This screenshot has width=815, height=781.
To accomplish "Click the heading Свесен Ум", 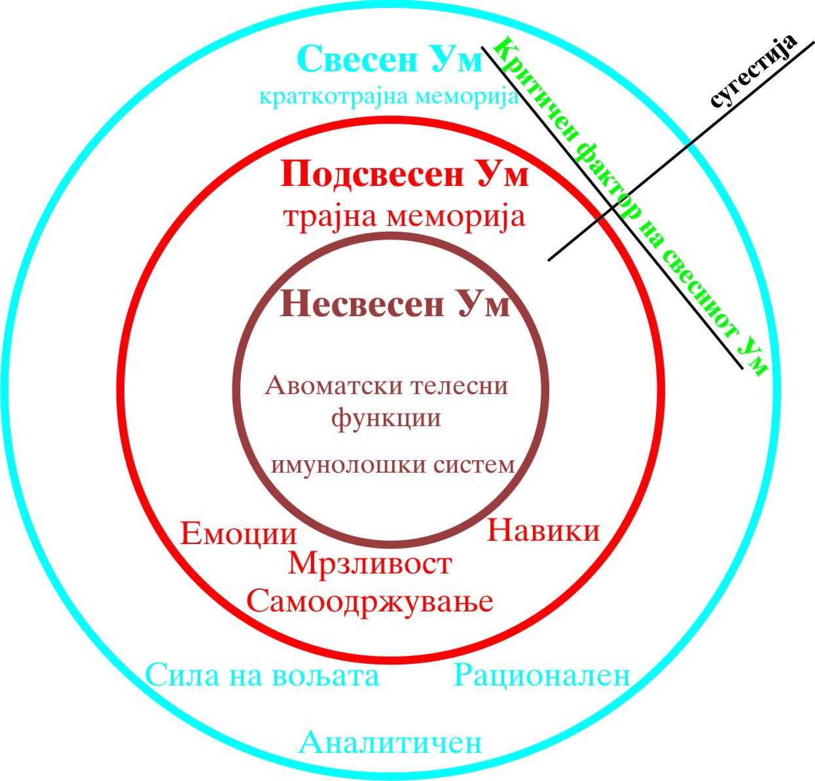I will click(x=390, y=60).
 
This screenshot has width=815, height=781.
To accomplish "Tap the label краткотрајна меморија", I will click(x=389, y=97).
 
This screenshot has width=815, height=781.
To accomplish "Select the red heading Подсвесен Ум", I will click(x=405, y=175).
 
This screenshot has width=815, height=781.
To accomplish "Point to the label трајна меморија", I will click(x=404, y=216).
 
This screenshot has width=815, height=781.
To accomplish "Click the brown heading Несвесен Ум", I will click(x=395, y=304).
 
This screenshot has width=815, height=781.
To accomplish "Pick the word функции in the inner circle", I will click(x=386, y=417).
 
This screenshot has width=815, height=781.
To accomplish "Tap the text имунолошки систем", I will click(x=393, y=465).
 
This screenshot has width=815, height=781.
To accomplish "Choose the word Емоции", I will click(x=238, y=534).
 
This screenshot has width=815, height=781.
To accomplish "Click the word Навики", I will click(x=543, y=530).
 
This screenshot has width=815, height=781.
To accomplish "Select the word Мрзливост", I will click(x=370, y=564).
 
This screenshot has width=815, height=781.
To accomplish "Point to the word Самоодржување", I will click(x=370, y=600).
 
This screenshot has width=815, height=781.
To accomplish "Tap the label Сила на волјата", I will click(x=262, y=675).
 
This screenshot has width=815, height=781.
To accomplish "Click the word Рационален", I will click(x=541, y=675).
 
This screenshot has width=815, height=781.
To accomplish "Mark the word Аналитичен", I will click(x=390, y=742).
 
